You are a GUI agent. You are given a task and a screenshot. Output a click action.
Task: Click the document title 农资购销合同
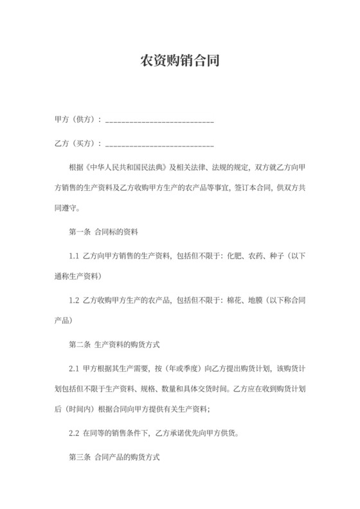pyautogui.click(x=180, y=62)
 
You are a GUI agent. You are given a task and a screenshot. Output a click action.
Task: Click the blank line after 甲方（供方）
pyautogui.click(x=159, y=121)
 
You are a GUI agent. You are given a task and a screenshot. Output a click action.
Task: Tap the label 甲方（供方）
pyautogui.click(x=76, y=120)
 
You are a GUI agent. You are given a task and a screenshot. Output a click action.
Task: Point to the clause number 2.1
pyautogui.click(x=74, y=368)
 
